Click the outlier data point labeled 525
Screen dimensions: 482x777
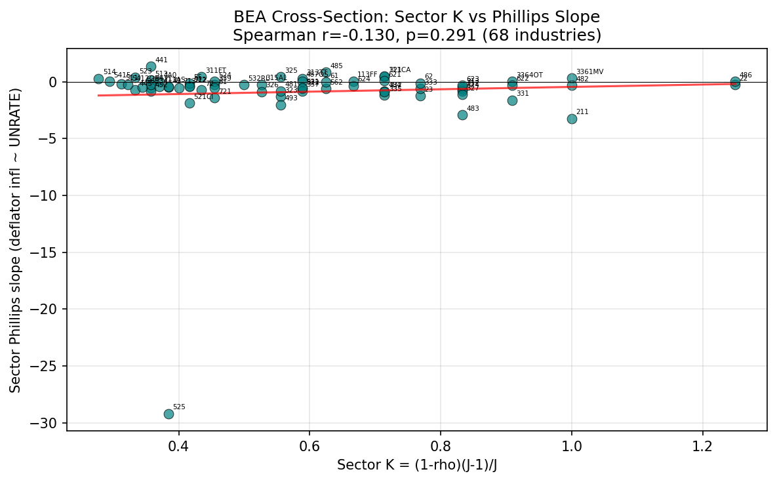point(169,414)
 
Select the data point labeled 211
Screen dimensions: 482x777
point(572,119)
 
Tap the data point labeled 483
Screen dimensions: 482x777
point(462,115)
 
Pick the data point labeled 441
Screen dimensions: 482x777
point(151,66)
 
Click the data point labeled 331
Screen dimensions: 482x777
point(512,100)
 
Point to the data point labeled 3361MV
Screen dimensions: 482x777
point(572,78)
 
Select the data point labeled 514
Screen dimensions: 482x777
point(98,79)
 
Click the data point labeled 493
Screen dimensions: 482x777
point(281,105)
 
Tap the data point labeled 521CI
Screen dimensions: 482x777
point(189,103)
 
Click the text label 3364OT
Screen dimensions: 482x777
point(529,75)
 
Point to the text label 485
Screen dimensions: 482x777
point(336,66)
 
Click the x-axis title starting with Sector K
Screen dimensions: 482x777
point(416,465)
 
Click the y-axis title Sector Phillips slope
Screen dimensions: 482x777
point(15,239)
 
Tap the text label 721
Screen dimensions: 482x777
point(225,92)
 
